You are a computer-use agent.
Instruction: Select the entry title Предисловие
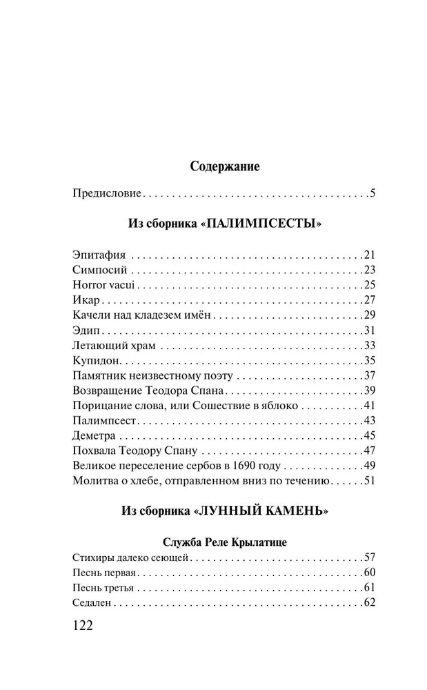tap(106, 193)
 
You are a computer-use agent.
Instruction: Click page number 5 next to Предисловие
tap(371, 193)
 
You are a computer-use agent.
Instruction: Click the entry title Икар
tap(86, 299)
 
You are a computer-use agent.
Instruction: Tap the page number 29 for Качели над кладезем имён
tap(368, 315)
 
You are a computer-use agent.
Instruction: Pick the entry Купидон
tap(97, 360)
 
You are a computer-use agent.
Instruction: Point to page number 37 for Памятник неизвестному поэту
tap(368, 375)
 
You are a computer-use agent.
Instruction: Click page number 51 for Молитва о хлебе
tap(368, 481)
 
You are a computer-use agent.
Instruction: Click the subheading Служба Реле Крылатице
tap(225, 542)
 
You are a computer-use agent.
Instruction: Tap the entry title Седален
tap(92, 604)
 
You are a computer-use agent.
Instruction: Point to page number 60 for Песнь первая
tap(368, 573)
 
